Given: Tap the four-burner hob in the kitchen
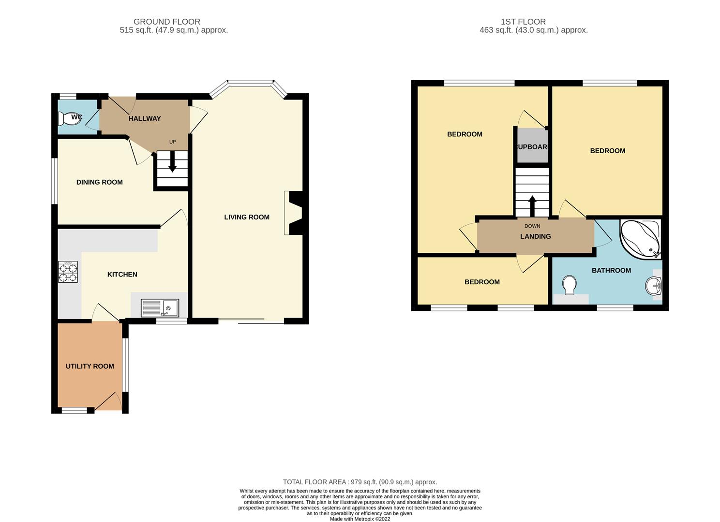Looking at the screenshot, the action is pyautogui.click(x=68, y=272).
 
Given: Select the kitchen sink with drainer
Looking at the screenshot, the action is pyautogui.click(x=160, y=308).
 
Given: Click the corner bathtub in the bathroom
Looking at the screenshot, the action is pyautogui.click(x=640, y=239).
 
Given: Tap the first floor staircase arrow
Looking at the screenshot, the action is pyautogui.click(x=532, y=206).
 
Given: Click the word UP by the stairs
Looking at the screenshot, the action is pyautogui.click(x=173, y=142).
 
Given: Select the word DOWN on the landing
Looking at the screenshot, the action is pyautogui.click(x=532, y=226).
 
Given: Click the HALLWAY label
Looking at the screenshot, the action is pyautogui.click(x=145, y=118).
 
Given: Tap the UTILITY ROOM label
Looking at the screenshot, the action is pyautogui.click(x=90, y=366).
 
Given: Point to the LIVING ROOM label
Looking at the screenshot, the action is pyautogui.click(x=247, y=217).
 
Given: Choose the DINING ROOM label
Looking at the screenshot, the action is pyautogui.click(x=100, y=182).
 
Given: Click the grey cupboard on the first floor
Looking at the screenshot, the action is pyautogui.click(x=532, y=145).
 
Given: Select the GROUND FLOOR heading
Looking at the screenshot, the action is pyautogui.click(x=167, y=22).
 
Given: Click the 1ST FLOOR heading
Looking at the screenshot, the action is pyautogui.click(x=523, y=22).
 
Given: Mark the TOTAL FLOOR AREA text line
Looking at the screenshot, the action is pyautogui.click(x=360, y=482).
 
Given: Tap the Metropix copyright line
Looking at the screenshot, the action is pyautogui.click(x=360, y=519).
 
